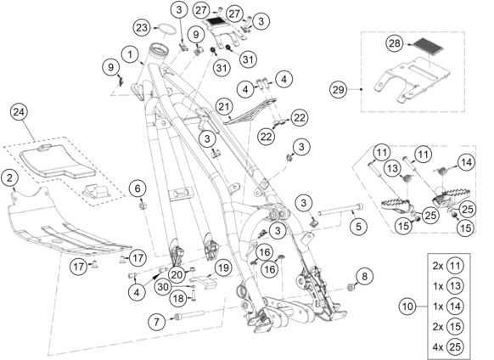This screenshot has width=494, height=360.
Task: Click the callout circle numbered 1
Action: coord(130,55)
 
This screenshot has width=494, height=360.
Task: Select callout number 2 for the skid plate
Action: coord(10,178)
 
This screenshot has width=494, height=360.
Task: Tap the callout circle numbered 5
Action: coord(358,226)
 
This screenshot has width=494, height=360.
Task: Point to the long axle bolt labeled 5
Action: coord(340,210)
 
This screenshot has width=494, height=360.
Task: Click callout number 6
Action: coord(138,188)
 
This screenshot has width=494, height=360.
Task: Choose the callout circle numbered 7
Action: coord(156,322)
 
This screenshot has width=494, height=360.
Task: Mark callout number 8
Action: coord(364,277)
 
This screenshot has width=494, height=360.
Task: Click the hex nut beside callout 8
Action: coord(350,287)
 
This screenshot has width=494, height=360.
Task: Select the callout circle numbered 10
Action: coord(407,307)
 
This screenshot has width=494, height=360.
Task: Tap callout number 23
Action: coord(142,27)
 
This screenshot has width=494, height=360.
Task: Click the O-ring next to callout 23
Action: coord(166,28)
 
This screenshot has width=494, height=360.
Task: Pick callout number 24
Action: coord(19,112)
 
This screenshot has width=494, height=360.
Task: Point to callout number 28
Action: coord(395,43)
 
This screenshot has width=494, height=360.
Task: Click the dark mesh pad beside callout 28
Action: coord(427,45)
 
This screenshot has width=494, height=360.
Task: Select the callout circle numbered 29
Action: coord(339,89)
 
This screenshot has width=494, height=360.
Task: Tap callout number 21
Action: coord(224,106)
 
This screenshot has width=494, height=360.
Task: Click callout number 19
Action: coord(223,268)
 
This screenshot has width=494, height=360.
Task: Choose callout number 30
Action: coord(163,287)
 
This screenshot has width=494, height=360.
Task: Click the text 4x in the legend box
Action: coord(438,346)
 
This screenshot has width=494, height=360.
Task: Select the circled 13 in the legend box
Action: coord(455,286)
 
